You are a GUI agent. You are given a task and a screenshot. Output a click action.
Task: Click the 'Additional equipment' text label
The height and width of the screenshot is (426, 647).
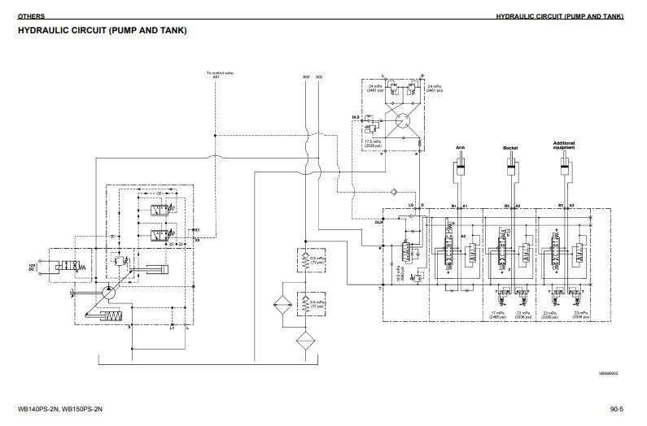563,146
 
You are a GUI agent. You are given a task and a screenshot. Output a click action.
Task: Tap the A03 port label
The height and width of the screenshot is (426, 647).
305,76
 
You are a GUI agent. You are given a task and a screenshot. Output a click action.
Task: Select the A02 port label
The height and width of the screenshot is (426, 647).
319,76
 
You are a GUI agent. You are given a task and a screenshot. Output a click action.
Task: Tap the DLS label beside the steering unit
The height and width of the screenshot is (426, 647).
355,117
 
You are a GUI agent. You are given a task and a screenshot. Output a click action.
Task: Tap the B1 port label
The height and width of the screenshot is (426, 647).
453,206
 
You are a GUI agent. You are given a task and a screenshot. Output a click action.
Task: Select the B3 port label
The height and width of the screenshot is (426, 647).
560,206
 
